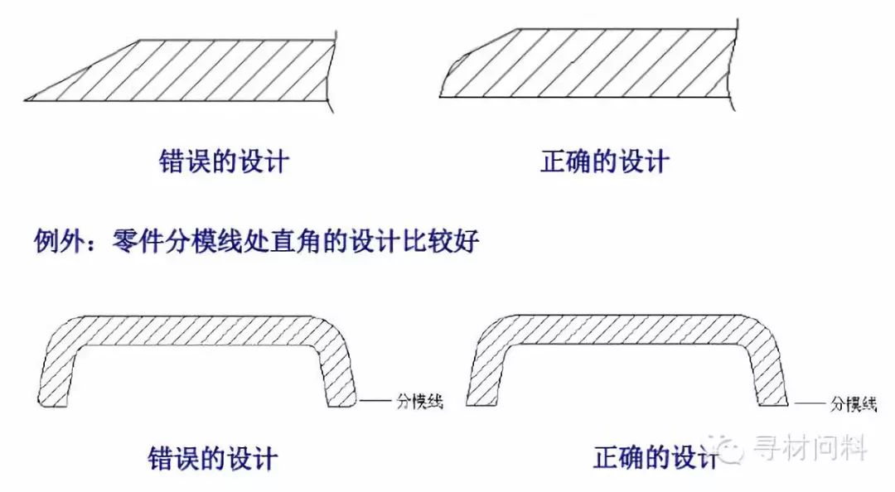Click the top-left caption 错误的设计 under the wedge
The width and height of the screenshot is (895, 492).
click(223, 161)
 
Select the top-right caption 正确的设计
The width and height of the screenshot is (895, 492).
click(604, 161)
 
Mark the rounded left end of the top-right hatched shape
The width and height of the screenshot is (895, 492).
click(446, 80)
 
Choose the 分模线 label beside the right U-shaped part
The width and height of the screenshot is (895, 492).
click(853, 403)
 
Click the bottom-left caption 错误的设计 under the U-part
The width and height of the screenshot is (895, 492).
click(213, 457)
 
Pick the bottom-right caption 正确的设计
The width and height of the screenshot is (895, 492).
click(655, 457)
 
